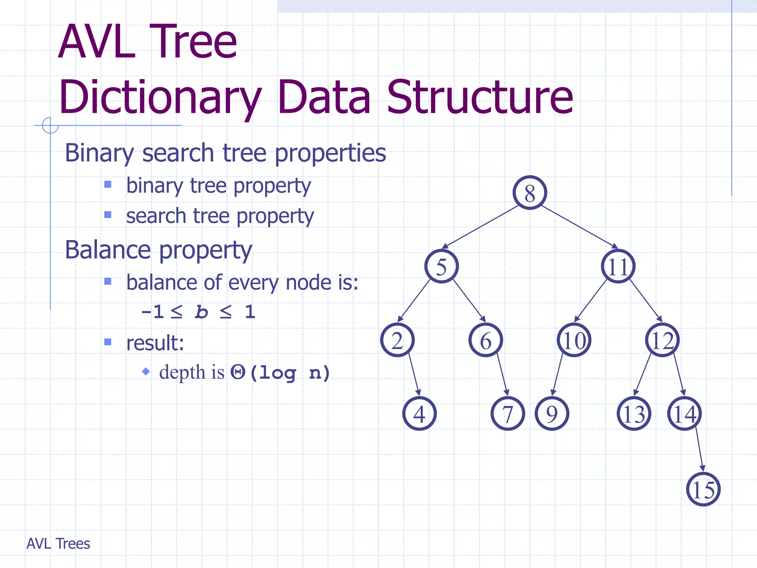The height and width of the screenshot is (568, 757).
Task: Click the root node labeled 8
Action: pos(530,193)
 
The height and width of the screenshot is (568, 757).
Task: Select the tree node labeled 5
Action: pos(441,266)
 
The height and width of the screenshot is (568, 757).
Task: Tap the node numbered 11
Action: pos(618,266)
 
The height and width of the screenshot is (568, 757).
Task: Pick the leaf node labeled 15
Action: pos(703,489)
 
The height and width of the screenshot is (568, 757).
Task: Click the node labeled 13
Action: pos(634,413)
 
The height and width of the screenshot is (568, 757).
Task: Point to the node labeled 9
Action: pos(551,413)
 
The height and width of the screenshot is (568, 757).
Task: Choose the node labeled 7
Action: pos(508,413)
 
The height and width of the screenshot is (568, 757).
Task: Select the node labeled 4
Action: pos(419,413)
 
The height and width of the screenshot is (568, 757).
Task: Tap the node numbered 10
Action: pos(574,340)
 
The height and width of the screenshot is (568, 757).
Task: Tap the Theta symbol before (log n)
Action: pos(238,372)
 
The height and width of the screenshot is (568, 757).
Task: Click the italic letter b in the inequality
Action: pos(201,312)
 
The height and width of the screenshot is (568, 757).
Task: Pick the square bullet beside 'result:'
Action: pos(108,342)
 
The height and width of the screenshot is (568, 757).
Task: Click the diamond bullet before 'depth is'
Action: pos(146,371)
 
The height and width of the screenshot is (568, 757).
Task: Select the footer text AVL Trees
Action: pos(58,544)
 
